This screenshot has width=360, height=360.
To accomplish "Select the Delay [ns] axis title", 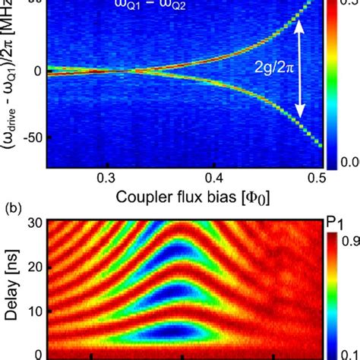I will click(x=11, y=292).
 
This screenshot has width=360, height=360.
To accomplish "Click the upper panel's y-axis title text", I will click(x=11, y=76).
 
